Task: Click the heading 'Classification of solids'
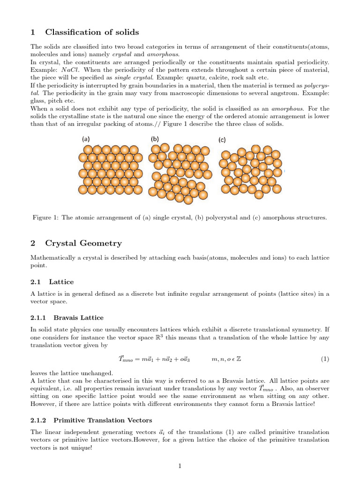92,32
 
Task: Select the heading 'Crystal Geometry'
83,243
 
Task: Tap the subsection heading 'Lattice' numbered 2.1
61,282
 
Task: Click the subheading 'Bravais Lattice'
78,318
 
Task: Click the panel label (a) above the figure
86,139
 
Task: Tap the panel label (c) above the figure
222,140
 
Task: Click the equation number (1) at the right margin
325,360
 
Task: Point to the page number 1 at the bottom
180,466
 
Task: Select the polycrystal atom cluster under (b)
179,172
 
